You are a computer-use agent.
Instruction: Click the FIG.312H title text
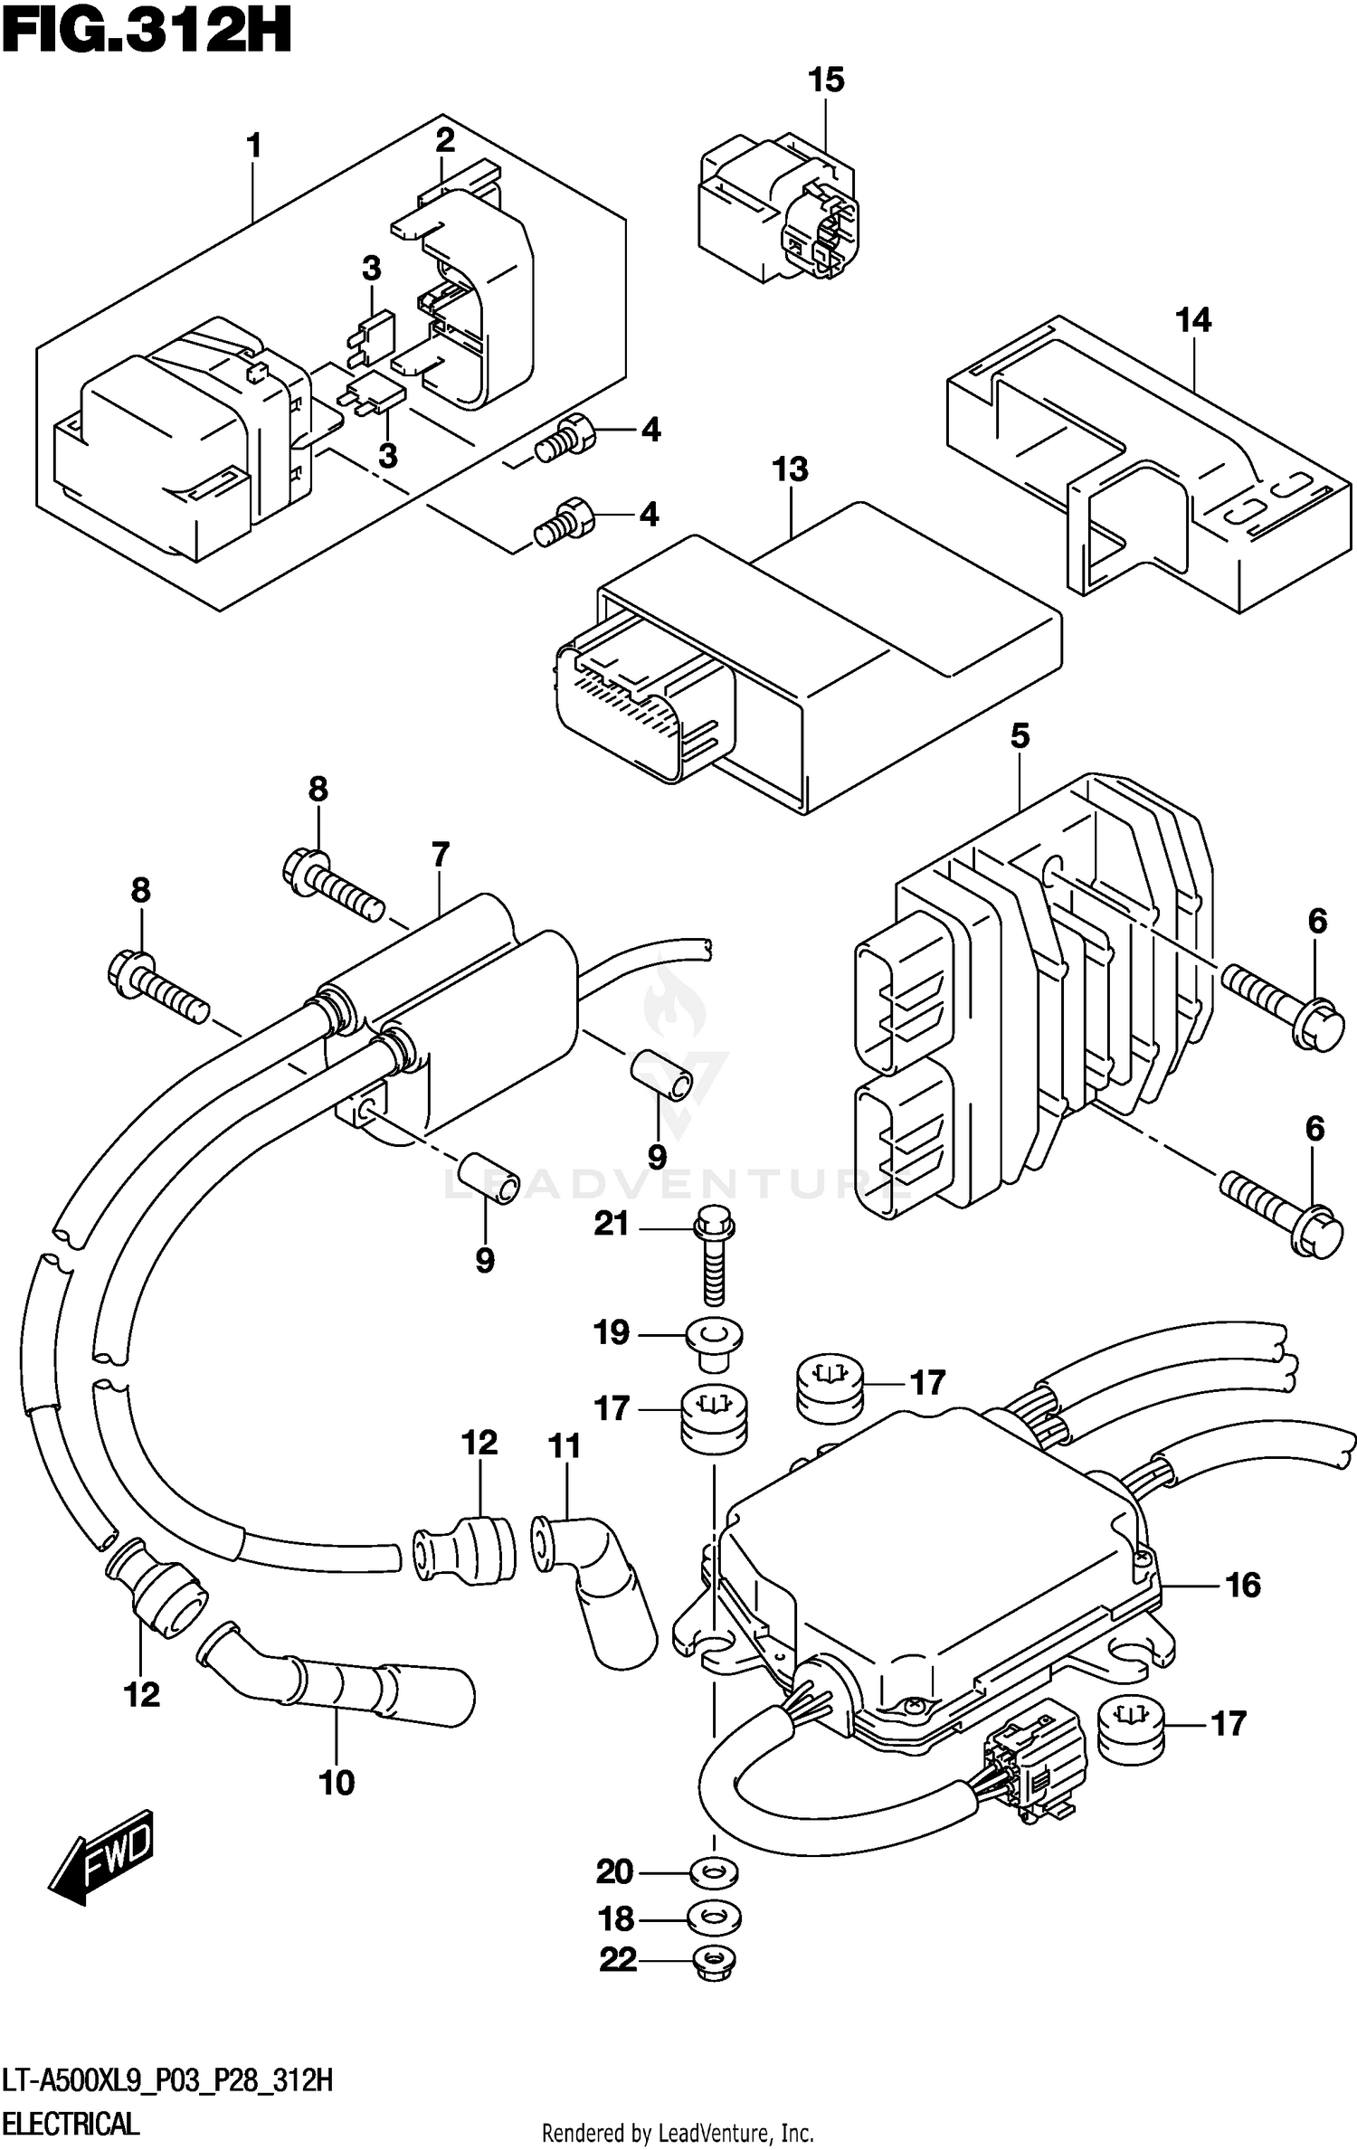(x=147, y=33)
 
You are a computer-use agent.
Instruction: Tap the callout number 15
(x=825, y=81)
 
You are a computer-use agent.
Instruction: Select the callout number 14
(x=1192, y=320)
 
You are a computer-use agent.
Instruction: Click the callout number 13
(x=789, y=469)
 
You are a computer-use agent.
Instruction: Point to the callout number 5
(x=1020, y=736)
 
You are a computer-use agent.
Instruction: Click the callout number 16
(x=1243, y=1585)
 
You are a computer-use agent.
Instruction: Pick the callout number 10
(x=337, y=1783)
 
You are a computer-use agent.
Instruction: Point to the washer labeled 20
(x=714, y=1871)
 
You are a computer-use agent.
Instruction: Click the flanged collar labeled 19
(x=714, y=1336)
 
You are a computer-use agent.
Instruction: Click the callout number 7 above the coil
(x=440, y=854)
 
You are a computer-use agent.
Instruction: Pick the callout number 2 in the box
(x=444, y=141)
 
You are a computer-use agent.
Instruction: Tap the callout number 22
(x=618, y=1960)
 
